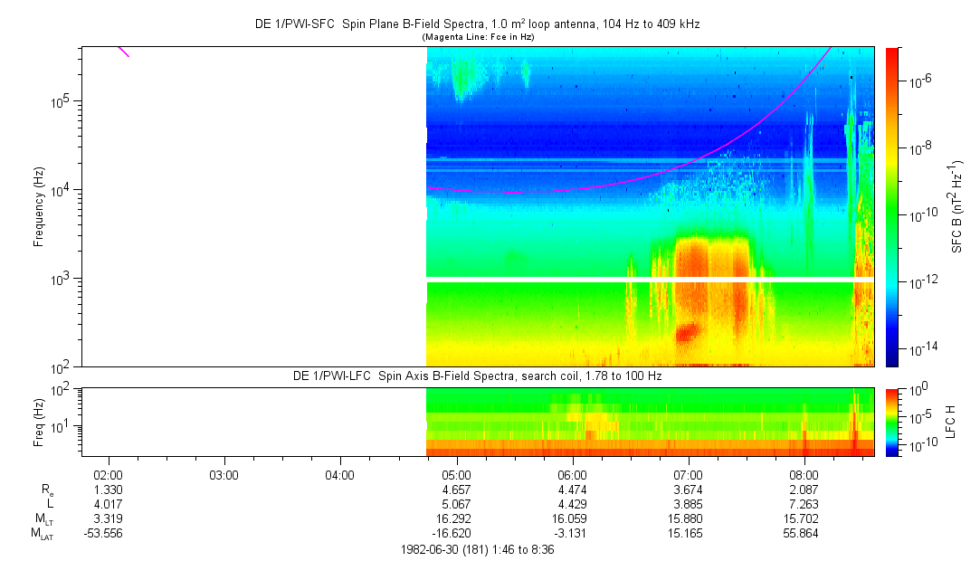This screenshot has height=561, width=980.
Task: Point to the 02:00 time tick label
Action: click(108, 474)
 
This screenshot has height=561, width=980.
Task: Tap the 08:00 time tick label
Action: click(804, 474)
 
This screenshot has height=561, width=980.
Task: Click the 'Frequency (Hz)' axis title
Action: click(39, 207)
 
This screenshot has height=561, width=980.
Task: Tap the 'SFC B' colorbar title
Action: click(957, 207)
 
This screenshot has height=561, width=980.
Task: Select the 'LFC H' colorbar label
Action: click(957, 421)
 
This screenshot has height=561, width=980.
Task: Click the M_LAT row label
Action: click(42, 534)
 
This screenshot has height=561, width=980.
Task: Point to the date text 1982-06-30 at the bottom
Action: click(427, 549)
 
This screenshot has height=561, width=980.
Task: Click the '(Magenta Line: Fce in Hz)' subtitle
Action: click(477, 36)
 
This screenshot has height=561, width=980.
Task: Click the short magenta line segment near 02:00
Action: click(123, 51)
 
